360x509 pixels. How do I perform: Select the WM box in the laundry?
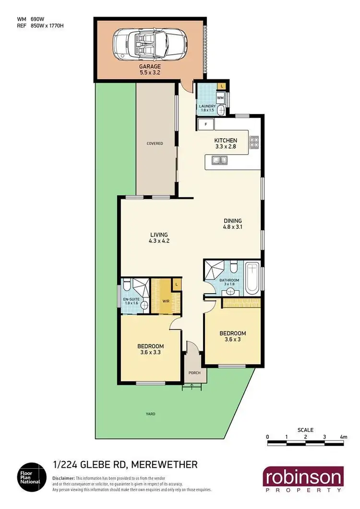220,98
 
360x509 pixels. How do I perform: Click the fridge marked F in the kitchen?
206,124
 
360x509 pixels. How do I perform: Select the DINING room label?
233,221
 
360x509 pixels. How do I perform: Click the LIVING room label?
158,235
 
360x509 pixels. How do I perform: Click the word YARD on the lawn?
151,414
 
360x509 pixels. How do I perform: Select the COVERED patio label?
155,143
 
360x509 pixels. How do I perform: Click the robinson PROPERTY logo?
303,480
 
